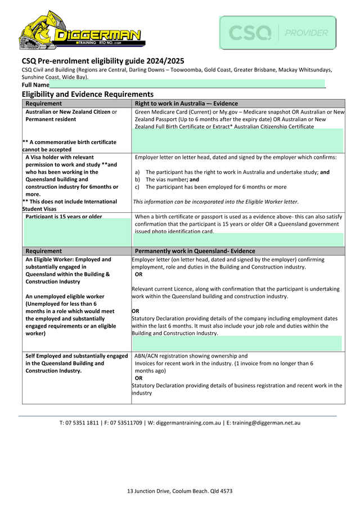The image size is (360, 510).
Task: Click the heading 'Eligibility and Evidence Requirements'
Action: [x=87, y=94]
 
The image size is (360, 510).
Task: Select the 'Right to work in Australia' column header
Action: [x=186, y=104]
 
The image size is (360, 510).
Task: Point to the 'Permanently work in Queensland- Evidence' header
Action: [x=195, y=251]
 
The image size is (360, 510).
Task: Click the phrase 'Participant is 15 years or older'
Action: [x=64, y=217]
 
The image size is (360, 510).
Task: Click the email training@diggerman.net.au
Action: [x=266, y=423]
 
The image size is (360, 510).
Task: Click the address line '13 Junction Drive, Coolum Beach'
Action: [x=179, y=491]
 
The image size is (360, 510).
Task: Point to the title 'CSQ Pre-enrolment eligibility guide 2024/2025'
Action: [x=103, y=61]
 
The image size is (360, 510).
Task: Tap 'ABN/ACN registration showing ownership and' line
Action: [x=191, y=356]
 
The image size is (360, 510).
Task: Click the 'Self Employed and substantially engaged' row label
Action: [x=76, y=356]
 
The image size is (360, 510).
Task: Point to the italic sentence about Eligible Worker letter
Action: [x=215, y=202]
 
